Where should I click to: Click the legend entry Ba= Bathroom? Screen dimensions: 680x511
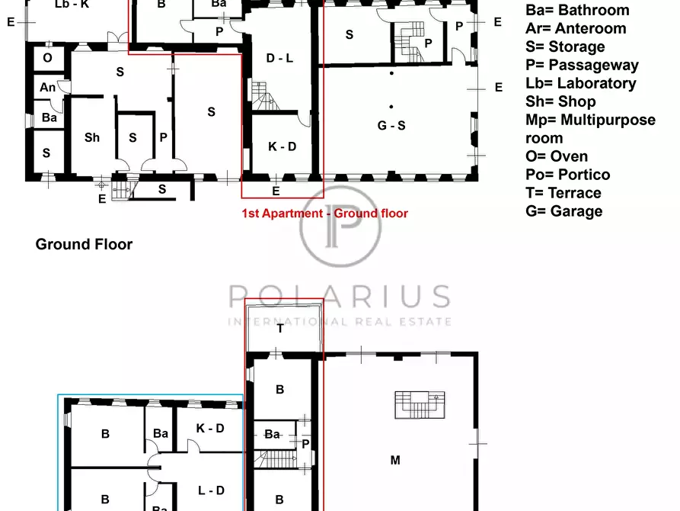[x=577, y=10]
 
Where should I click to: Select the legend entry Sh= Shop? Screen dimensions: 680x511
[x=560, y=101]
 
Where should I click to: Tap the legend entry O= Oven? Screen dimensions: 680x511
[x=557, y=156]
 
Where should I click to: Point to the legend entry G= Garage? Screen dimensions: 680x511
[x=563, y=211]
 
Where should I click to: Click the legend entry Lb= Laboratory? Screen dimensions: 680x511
[x=581, y=83]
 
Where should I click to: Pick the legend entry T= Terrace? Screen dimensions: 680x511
[x=563, y=192]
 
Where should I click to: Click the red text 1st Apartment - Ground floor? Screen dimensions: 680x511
[x=325, y=214]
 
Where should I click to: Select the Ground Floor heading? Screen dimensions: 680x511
[x=84, y=244]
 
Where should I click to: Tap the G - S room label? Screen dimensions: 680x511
[x=391, y=126]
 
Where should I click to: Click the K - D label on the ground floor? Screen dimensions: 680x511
[x=282, y=146]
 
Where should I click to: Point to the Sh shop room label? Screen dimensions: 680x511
[x=92, y=138]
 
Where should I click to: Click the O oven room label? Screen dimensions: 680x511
[x=48, y=58]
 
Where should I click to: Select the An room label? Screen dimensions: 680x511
[x=48, y=88]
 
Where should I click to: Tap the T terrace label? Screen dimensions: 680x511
[x=280, y=329]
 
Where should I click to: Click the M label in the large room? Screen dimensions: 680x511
[x=395, y=460]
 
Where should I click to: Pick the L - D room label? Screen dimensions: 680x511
[x=211, y=490]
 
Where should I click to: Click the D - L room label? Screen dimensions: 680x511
[x=279, y=58]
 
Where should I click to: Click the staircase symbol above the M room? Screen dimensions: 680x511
[x=420, y=405]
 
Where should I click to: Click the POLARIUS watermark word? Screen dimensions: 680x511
[x=340, y=296]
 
